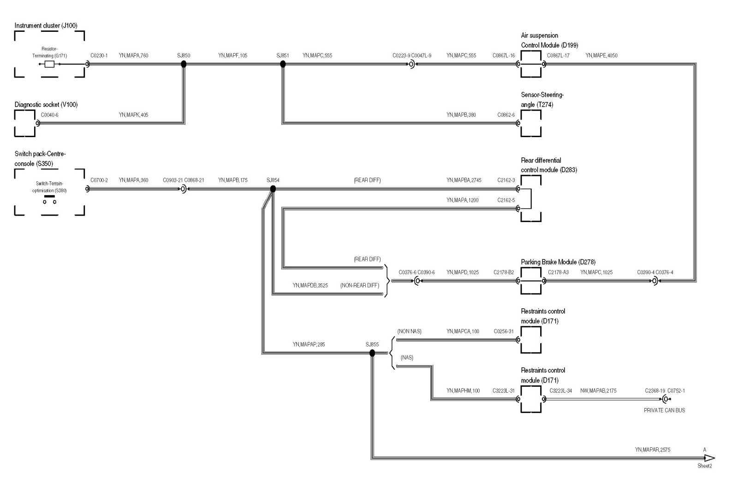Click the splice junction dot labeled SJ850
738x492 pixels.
pyautogui.click(x=184, y=64)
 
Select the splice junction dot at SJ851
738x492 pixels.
pyautogui.click(x=283, y=64)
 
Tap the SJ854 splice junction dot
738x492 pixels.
pyautogui.click(x=273, y=189)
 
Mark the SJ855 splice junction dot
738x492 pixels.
pyautogui.click(x=372, y=353)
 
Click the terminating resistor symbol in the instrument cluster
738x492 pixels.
pyautogui.click(x=49, y=64)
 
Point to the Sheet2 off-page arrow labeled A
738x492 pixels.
pyautogui.click(x=709, y=458)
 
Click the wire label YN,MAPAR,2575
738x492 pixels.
pyautogui.click(x=652, y=450)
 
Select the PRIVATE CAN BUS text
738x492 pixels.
pyautogui.click(x=664, y=410)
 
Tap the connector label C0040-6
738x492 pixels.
pyautogui.click(x=49, y=115)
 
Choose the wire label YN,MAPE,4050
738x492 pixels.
pyautogui.click(x=601, y=55)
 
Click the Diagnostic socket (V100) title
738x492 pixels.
pyautogui.click(x=46, y=105)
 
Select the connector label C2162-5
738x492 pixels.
pyautogui.click(x=506, y=200)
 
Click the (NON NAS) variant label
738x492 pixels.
pyautogui.click(x=409, y=331)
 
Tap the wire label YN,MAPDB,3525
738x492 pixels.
pyautogui.click(x=310, y=285)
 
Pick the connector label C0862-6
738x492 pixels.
pyautogui.click(x=506, y=115)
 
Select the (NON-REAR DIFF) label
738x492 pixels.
pyautogui.click(x=360, y=285)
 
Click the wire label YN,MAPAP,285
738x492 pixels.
pyautogui.click(x=309, y=344)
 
